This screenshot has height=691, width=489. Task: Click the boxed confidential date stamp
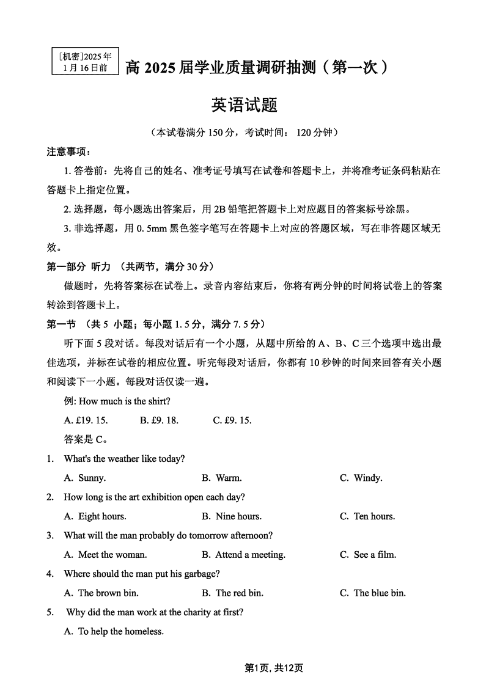tap(85, 62)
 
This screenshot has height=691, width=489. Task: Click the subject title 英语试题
tap(244, 105)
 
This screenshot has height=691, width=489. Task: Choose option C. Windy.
tap(361, 478)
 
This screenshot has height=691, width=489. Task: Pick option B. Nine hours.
tap(232, 516)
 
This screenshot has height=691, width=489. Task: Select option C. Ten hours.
tap(367, 516)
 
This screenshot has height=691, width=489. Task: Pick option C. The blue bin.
tap(373, 593)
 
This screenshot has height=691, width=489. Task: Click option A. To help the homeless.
tap(114, 632)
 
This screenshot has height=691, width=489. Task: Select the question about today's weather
tap(124, 459)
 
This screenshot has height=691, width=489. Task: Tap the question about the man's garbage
tap(141, 574)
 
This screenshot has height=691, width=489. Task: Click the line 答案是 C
tap(86, 439)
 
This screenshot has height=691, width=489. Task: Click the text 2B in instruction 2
tap(220, 209)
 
